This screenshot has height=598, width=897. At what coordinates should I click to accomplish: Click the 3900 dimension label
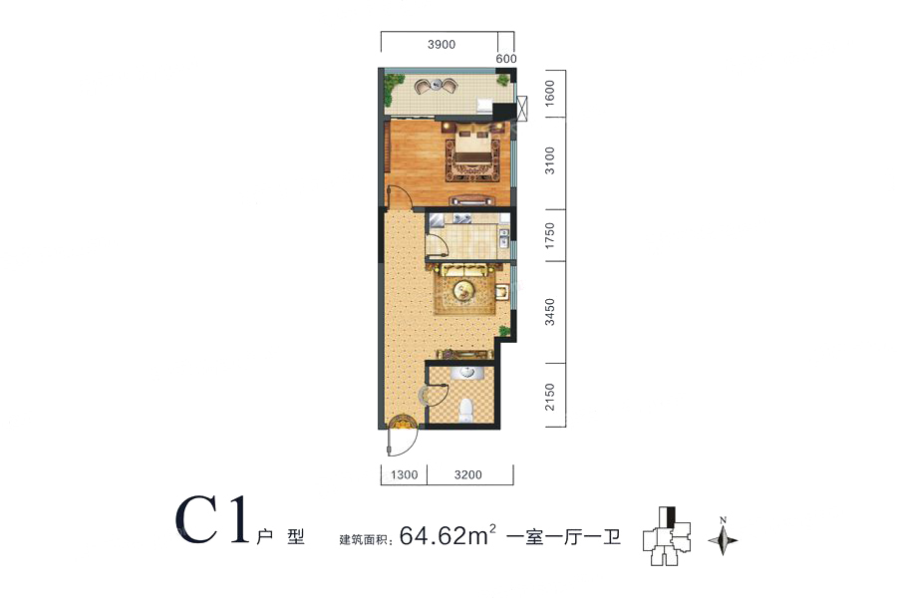point(442,45)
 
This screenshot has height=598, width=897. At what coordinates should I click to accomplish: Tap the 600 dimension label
point(506,59)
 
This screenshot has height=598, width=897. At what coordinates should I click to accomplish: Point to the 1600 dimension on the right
point(549,92)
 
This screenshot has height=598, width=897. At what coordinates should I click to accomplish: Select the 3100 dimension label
point(549,160)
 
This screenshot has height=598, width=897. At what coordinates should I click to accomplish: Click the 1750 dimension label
point(549,235)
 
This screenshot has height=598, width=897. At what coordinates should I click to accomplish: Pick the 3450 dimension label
point(549,312)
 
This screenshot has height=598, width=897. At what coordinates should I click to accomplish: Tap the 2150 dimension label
point(549,397)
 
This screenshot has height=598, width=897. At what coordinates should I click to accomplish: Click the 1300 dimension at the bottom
point(405,475)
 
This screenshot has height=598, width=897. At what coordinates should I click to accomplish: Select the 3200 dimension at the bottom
point(468,475)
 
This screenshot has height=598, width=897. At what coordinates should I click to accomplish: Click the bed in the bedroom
point(473,149)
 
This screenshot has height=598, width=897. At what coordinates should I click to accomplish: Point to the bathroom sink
point(466,373)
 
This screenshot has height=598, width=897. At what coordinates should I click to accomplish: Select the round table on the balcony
point(438,86)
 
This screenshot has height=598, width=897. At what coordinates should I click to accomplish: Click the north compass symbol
point(724,537)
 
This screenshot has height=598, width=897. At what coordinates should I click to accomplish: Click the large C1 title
point(213,519)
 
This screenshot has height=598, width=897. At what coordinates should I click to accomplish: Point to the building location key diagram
point(667,535)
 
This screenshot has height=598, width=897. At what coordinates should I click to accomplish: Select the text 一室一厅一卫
point(564,537)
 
